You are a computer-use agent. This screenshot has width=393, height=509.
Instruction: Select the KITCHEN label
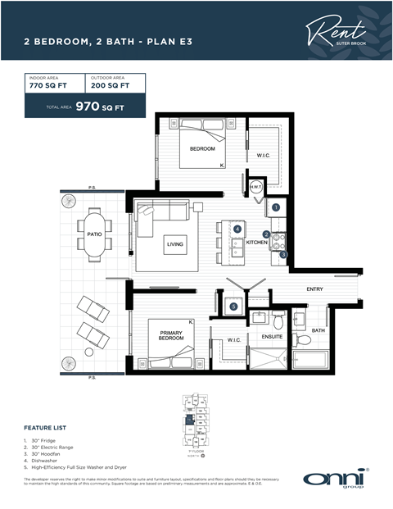tap(257, 243)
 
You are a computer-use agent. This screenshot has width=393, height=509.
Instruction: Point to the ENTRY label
tap(314, 289)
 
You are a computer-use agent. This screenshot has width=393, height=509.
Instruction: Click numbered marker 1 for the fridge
tap(276, 208)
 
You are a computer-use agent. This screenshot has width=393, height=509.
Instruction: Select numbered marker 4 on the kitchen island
tap(237, 230)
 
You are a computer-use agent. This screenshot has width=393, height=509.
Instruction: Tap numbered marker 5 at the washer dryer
tap(233, 307)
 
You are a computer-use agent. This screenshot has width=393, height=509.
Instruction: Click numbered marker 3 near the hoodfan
tap(283, 255)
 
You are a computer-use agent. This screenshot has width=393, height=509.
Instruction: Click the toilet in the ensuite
tap(278, 316)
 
